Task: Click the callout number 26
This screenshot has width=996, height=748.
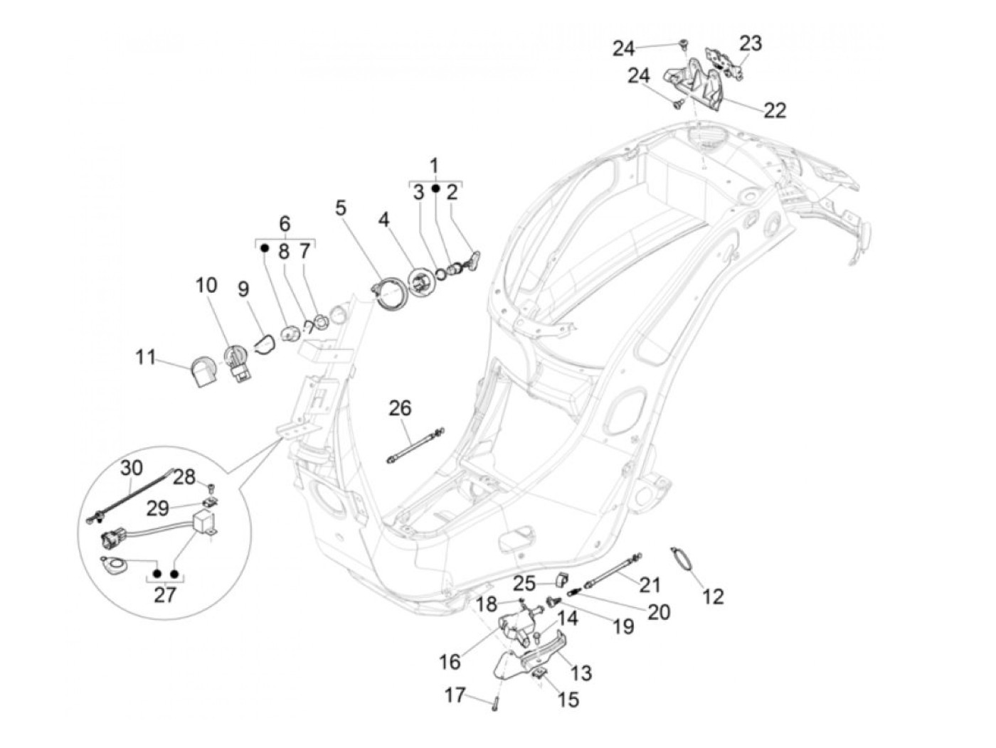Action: [x=400, y=408]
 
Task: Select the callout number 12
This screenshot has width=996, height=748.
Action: [x=713, y=596]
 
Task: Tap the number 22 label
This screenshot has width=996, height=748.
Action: [x=775, y=110]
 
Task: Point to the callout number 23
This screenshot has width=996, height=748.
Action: [x=750, y=43]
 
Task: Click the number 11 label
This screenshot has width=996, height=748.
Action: [x=146, y=356]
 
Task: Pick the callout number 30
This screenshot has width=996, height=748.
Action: [x=131, y=467]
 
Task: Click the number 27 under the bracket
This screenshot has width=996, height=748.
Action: [x=164, y=594]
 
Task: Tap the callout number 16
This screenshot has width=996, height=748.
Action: [x=450, y=662]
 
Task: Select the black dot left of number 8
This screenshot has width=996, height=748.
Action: [x=264, y=249]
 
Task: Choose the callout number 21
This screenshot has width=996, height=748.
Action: [x=650, y=584]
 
